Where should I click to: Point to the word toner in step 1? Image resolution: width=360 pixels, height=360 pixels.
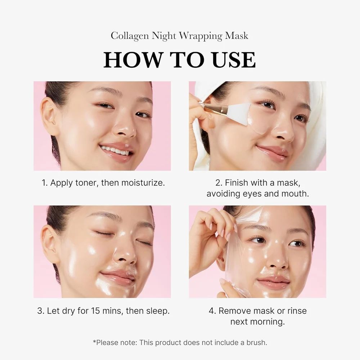(85, 183)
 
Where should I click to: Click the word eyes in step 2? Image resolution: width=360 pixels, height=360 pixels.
(253, 194)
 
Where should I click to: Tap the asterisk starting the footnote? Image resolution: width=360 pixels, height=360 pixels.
(94, 342)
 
